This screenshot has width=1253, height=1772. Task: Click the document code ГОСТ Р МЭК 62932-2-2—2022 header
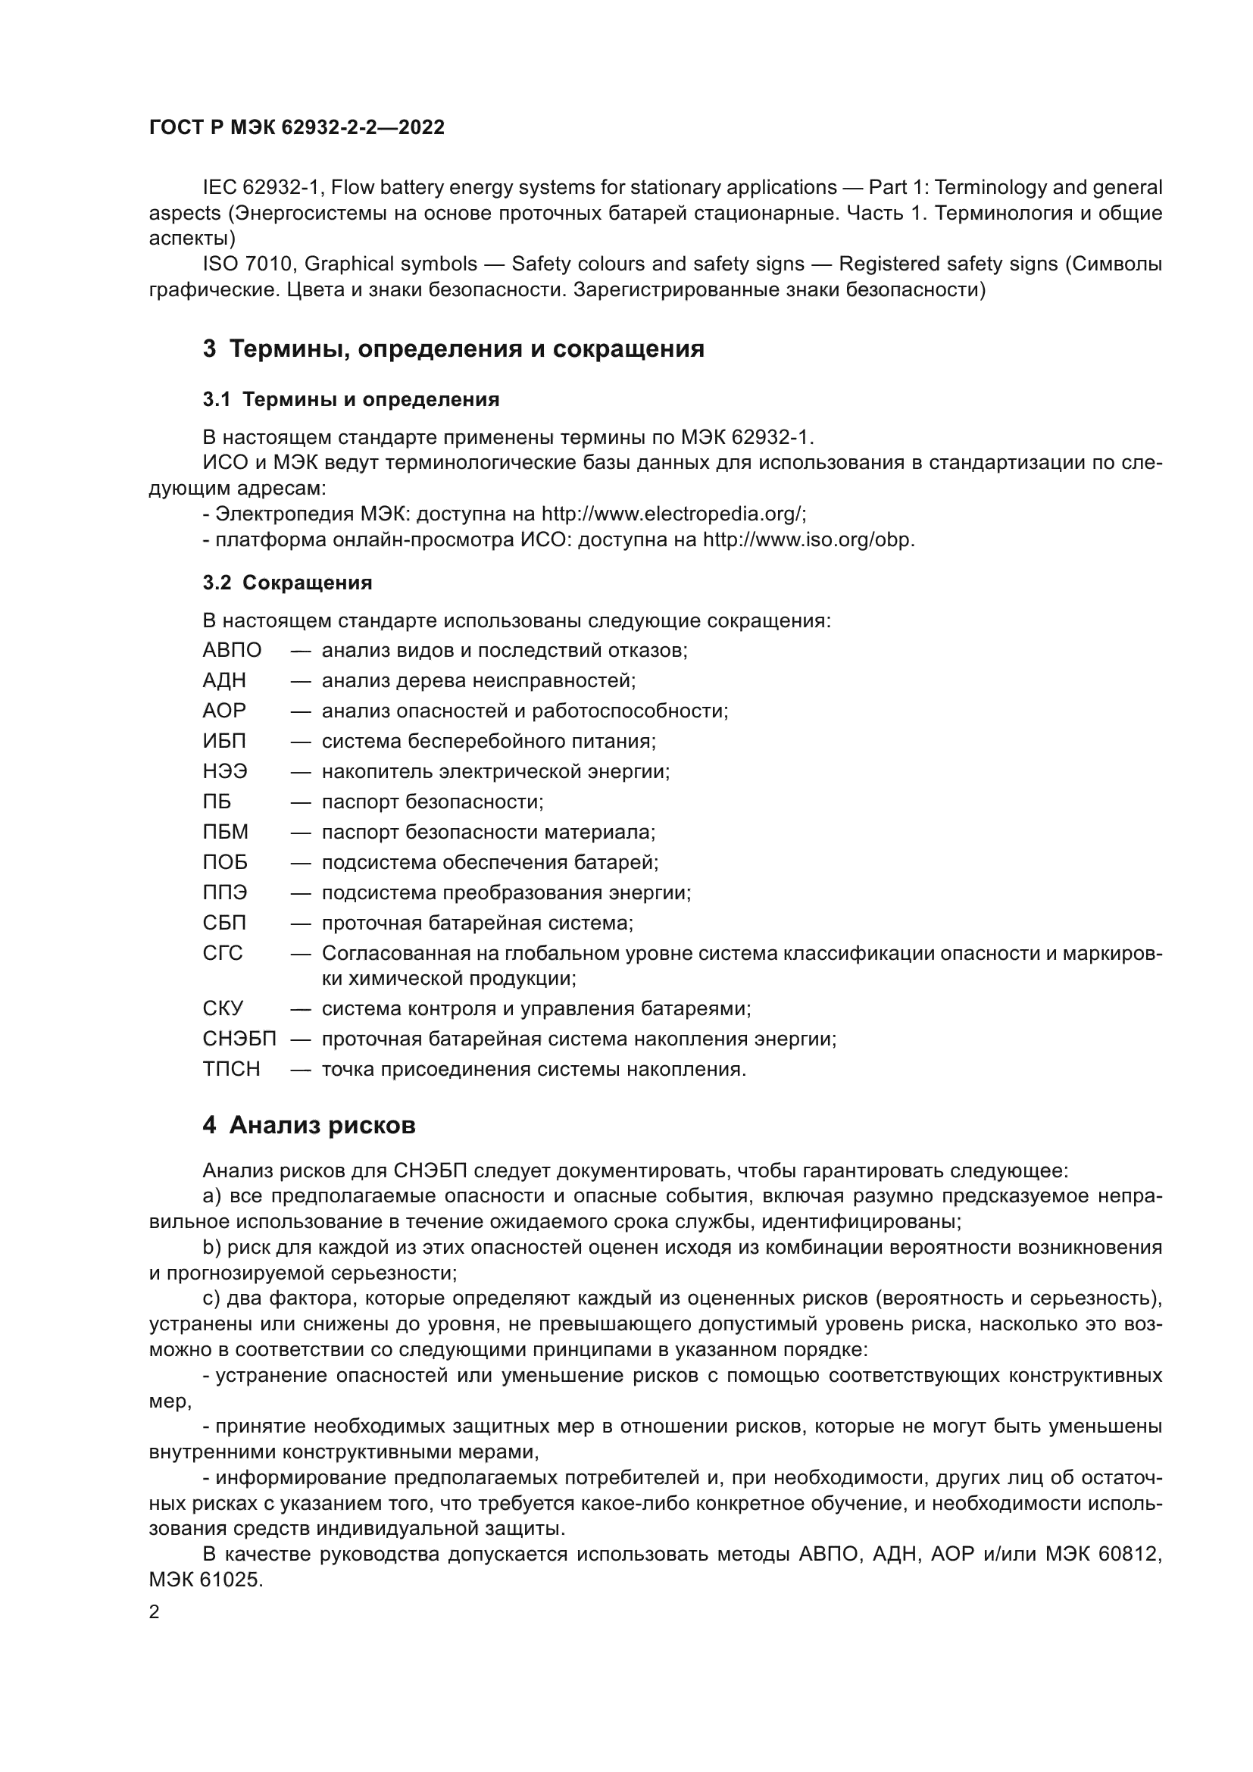tap(296, 128)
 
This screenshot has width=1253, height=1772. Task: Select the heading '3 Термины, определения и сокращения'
tap(454, 348)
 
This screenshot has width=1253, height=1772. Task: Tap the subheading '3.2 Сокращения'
tap(287, 583)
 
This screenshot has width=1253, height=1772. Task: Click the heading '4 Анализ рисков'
tap(308, 1125)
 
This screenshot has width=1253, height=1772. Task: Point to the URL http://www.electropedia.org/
tap(673, 514)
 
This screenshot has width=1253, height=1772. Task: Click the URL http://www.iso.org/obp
tap(808, 539)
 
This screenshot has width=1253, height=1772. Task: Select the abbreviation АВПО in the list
tap(233, 651)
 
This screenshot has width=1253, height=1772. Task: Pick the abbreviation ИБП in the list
tap(224, 742)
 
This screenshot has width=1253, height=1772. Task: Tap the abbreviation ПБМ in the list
tap(225, 833)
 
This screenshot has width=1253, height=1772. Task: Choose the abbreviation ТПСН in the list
tap(232, 1070)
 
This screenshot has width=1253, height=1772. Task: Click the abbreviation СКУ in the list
tap(223, 1008)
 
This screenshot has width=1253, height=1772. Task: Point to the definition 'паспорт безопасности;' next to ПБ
tap(432, 802)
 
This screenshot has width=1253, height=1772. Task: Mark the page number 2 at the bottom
tap(155, 1612)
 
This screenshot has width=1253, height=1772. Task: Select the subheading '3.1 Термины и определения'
tap(351, 400)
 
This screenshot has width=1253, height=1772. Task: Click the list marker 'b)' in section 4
tap(212, 1248)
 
